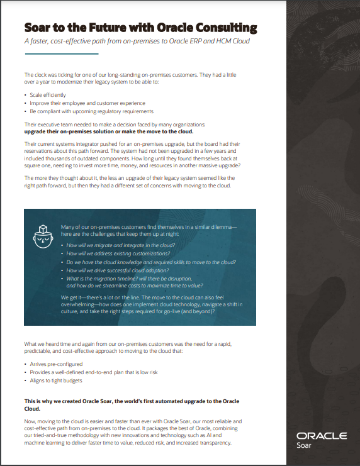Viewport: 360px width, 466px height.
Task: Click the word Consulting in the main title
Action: pyautogui.click(x=223, y=28)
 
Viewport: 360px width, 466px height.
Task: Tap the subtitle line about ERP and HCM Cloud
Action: pyautogui.click(x=137, y=42)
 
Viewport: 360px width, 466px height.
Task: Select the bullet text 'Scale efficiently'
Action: pyautogui.click(x=48, y=95)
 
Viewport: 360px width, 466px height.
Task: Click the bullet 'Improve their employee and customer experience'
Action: pyautogui.click(x=87, y=103)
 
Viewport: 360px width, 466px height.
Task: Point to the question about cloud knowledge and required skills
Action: pyautogui.click(x=150, y=262)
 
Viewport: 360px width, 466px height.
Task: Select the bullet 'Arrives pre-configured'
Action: pyautogui.click(x=56, y=364)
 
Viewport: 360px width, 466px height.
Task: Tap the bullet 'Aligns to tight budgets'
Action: pyautogui.click(x=57, y=380)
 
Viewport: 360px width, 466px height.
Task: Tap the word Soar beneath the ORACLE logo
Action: pyautogui.click(x=303, y=446)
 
